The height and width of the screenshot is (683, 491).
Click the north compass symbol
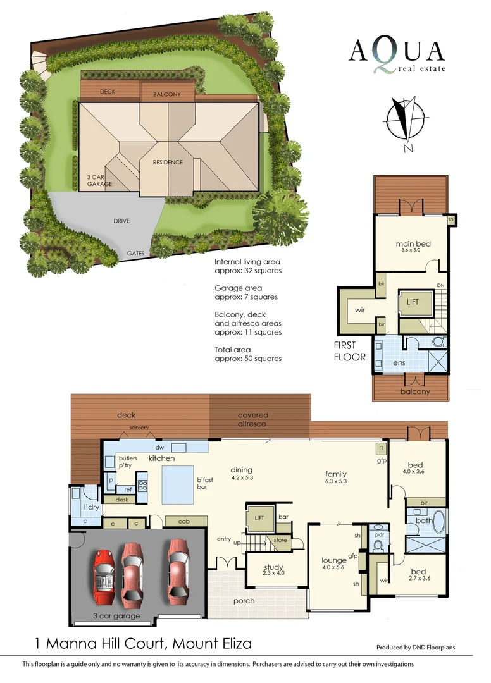coord(404,123)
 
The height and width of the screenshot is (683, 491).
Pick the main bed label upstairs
coord(413,244)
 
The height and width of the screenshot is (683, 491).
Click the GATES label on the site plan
coord(135,254)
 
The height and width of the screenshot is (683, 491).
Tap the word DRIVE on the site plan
coord(122,221)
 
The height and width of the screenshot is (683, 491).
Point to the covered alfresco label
coord(253,419)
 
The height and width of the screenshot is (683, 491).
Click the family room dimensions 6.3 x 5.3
coord(335,482)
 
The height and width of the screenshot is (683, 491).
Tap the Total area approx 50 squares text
coord(248,354)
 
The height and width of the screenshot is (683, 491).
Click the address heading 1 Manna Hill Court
coord(143,644)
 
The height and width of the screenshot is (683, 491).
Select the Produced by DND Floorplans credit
coord(415,648)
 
